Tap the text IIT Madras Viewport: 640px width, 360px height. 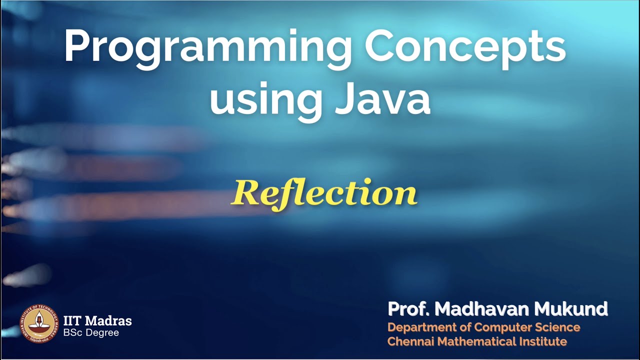(97, 320)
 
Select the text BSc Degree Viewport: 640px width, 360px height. (91, 332)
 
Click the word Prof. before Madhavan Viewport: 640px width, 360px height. (409, 309)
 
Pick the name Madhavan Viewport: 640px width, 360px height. (482, 309)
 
